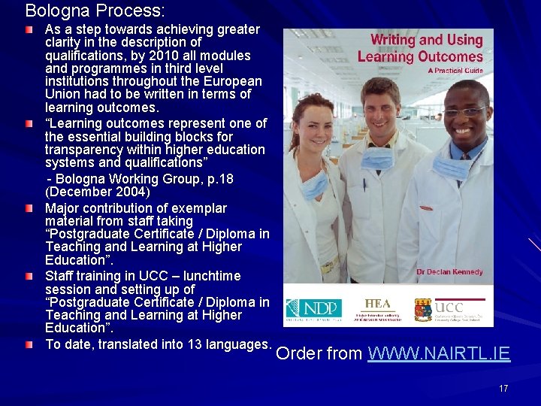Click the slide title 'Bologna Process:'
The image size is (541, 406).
(x=95, y=11)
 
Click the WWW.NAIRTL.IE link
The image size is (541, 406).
(x=439, y=353)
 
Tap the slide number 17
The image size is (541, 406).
(x=503, y=389)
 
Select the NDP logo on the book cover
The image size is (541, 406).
(x=314, y=308)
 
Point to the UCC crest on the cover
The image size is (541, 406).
(x=424, y=309)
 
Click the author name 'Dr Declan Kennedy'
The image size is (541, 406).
(x=449, y=271)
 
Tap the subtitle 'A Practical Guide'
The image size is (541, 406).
(x=455, y=71)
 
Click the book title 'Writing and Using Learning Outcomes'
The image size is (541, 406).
(x=421, y=48)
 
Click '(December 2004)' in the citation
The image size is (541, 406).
(x=98, y=192)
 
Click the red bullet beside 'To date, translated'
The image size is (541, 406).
(x=29, y=345)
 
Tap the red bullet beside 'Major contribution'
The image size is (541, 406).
(x=29, y=208)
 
